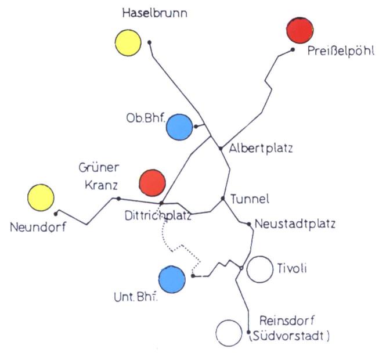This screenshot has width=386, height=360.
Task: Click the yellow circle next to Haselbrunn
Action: click(x=128, y=42)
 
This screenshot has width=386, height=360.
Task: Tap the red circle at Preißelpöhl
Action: click(x=300, y=30)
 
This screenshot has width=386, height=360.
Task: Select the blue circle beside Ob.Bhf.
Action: click(x=179, y=127)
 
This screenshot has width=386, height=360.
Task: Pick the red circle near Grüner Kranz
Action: click(x=153, y=182)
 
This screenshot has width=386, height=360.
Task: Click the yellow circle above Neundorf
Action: click(x=41, y=197)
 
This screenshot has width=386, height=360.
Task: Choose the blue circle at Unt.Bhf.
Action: click(x=172, y=279)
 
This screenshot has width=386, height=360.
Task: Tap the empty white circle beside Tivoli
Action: click(x=259, y=269)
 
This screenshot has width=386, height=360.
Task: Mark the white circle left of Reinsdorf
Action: click(x=228, y=333)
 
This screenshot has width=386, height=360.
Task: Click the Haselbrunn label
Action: click(x=154, y=13)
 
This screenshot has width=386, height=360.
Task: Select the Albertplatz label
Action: click(x=261, y=148)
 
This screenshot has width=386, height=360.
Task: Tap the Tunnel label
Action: click(x=250, y=200)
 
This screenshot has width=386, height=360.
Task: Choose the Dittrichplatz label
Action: click(x=158, y=216)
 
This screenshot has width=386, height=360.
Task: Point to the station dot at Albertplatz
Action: click(x=221, y=149)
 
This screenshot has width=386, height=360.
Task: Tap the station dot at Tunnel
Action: click(x=223, y=199)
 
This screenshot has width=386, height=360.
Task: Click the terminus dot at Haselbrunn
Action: click(x=150, y=42)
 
